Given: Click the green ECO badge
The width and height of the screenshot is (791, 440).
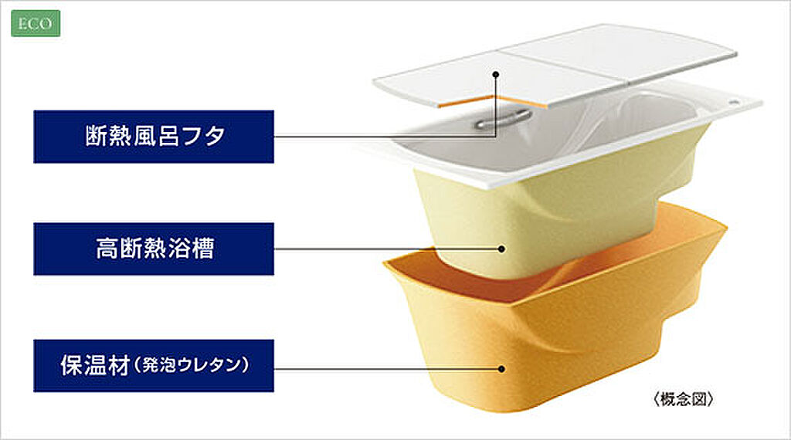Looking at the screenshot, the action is click(35, 24).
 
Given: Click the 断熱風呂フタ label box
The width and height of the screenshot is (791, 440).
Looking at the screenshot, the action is click(153, 137).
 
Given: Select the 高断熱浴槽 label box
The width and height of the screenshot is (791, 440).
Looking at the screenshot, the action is click(153, 249).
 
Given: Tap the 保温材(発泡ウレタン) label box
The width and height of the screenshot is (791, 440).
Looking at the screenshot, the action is click(153, 365).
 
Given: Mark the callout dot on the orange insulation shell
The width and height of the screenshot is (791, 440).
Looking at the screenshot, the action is click(503, 369).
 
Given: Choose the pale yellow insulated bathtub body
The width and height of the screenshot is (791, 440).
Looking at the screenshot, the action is click(556, 208).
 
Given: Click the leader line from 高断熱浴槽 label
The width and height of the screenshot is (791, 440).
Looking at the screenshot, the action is click(386, 249).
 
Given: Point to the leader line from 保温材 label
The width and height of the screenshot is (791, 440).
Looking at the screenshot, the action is click(386, 369).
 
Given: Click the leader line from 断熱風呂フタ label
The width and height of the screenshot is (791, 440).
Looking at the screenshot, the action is click(386, 137).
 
